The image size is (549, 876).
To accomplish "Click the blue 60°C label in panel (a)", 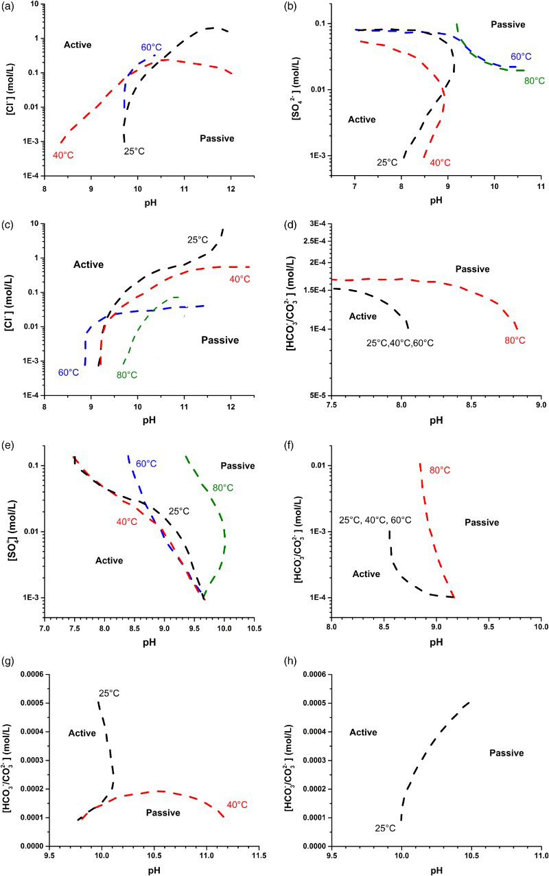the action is (x=151, y=47).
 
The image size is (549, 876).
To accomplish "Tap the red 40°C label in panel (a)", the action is (x=63, y=155).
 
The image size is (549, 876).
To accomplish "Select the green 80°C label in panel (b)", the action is (x=534, y=80).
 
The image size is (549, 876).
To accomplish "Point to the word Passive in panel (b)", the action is (x=508, y=24).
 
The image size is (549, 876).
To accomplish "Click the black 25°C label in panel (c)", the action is (x=198, y=240).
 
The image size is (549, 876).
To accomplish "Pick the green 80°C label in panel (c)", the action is (x=126, y=375).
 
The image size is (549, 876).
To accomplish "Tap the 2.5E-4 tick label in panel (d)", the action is (x=314, y=241).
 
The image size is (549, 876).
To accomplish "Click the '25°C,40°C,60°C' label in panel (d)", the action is (x=399, y=343).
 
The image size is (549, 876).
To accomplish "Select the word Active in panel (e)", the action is (x=109, y=561).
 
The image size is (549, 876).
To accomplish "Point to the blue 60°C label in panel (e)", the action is (x=146, y=464).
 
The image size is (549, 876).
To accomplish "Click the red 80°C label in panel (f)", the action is (x=440, y=470).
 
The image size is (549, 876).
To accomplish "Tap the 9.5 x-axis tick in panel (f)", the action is (x=489, y=627).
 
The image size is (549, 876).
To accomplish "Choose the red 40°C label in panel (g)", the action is (x=237, y=805).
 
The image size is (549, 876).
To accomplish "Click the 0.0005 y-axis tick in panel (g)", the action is (x=32, y=703).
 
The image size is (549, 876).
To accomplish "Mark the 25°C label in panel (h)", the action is (x=385, y=829).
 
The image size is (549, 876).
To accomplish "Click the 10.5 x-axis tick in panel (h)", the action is (x=471, y=855).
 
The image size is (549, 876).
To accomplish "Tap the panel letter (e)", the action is (x=8, y=445).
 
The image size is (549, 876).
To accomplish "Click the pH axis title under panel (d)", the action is (x=436, y=420).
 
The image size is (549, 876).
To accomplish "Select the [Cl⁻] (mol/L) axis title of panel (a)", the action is (x=10, y=89).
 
